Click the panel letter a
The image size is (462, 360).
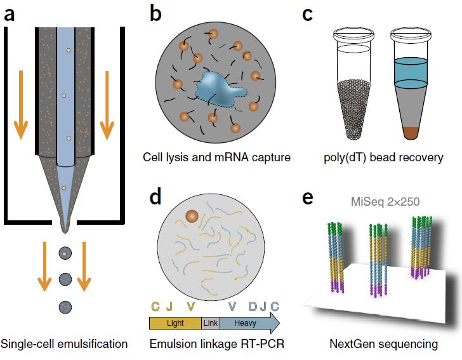pos(10,13)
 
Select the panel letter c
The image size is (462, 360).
pos(307,13)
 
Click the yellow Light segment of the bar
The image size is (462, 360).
pos(175,323)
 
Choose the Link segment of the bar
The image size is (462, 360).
pos(210,323)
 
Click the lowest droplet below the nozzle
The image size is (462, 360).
pos(65,306)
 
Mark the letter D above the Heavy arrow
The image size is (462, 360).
pos(253,307)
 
